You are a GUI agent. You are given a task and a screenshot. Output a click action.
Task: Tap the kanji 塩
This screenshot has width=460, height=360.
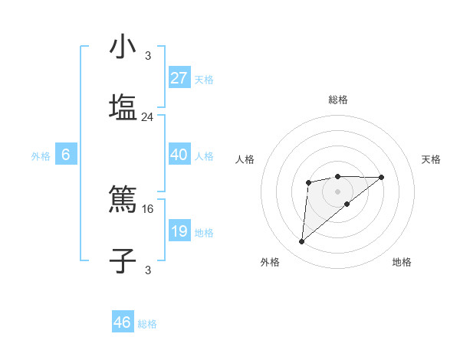click(123, 106)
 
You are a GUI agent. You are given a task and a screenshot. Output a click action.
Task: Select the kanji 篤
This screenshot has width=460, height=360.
click(123, 201)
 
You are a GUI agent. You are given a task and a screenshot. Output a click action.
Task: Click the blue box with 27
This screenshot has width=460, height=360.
click(179, 77)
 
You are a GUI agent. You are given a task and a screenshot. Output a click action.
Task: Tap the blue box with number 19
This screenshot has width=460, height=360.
click(179, 231)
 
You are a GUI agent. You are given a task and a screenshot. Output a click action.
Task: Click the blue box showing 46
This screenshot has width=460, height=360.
click(122, 322)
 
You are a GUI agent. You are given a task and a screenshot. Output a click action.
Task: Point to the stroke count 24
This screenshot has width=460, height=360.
click(148, 117)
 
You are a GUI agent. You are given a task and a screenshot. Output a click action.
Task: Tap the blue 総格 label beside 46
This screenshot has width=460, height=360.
click(147, 324)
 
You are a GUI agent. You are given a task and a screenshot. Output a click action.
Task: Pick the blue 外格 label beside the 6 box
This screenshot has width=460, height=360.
click(41, 156)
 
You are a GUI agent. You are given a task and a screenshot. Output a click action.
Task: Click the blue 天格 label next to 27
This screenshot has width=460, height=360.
click(204, 80)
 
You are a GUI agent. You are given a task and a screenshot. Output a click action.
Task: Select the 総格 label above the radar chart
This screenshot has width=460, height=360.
click(337, 100)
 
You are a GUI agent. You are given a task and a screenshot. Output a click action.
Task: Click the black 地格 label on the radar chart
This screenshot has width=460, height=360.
click(402, 262)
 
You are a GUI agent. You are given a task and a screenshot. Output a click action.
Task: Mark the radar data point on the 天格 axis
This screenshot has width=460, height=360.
click(382, 178)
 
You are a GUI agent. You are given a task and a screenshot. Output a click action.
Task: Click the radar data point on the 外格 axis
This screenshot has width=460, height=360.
click(301, 242)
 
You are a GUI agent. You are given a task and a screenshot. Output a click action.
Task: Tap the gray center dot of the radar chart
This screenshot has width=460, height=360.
click(337, 191)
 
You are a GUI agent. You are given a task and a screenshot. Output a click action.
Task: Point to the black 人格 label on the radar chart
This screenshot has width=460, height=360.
click(245, 159)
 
